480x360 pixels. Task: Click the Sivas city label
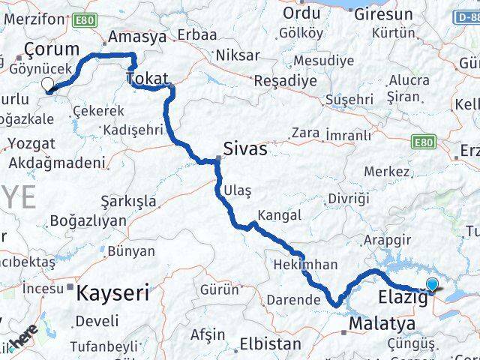[246, 148]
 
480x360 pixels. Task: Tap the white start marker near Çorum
[48, 85]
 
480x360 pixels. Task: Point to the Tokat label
[147, 77]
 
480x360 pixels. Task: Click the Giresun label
[382, 14]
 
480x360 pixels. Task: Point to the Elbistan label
[270, 344]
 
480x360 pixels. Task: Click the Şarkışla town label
[128, 200]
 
